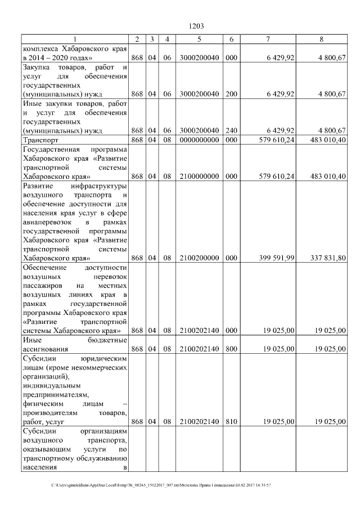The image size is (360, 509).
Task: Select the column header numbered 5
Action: (x=200, y=38)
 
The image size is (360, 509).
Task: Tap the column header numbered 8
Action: (x=321, y=38)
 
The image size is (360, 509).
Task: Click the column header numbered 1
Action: (x=74, y=38)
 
